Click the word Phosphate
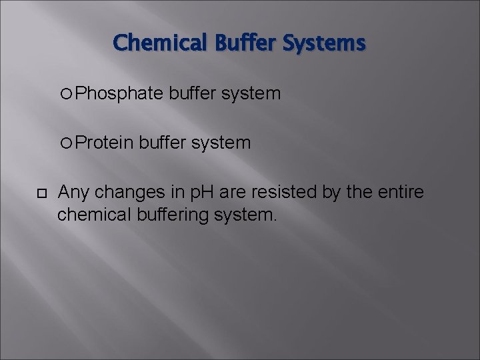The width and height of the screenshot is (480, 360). [x=119, y=94]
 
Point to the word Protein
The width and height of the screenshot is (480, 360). [x=105, y=143]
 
